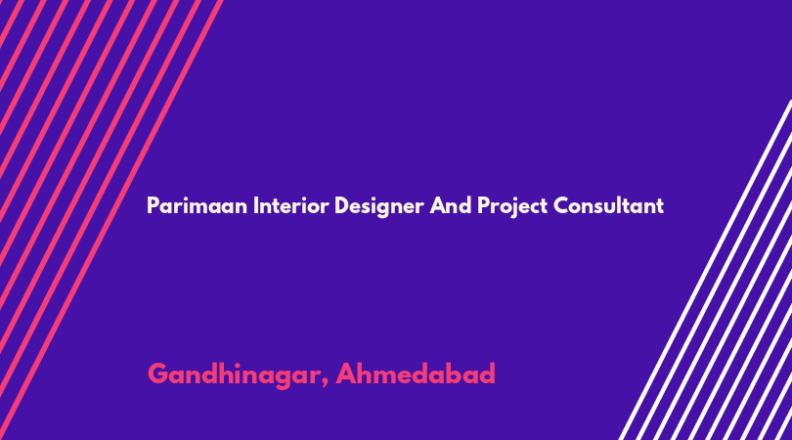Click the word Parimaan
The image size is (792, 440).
[x=197, y=205]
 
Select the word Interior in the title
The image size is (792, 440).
[x=291, y=205]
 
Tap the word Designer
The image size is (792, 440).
[x=378, y=206]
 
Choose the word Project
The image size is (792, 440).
[x=512, y=206]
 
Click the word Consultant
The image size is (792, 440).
[x=608, y=205]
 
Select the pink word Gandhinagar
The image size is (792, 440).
[x=234, y=374]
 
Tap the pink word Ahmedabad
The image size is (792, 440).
[x=416, y=374]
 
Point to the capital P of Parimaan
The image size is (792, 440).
[x=153, y=205]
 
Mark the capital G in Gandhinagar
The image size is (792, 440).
[x=158, y=374]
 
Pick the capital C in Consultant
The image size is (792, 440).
[x=561, y=205]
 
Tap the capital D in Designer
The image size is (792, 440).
[x=342, y=205]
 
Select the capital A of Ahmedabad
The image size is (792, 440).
[x=347, y=374]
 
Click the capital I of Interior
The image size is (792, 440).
[x=255, y=205]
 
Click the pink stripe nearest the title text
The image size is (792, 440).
[x=110, y=220]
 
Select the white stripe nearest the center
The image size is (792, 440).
[x=705, y=270]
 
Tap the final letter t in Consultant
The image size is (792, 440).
[x=660, y=206]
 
